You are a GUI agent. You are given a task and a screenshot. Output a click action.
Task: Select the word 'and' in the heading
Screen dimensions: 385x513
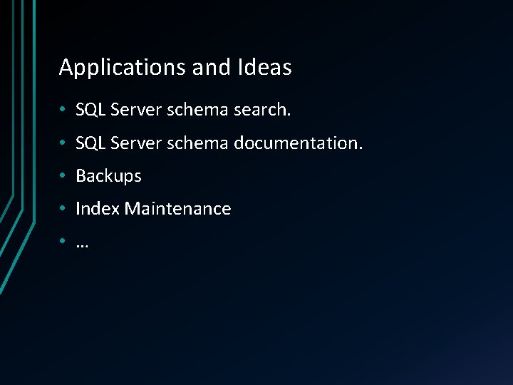tap(212, 68)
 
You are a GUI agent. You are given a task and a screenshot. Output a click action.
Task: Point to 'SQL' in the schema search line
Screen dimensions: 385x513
tap(90, 110)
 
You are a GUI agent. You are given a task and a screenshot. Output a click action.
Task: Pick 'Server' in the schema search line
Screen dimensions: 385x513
tap(136, 110)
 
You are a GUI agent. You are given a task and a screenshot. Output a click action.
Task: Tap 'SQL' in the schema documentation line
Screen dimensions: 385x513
tap(90, 143)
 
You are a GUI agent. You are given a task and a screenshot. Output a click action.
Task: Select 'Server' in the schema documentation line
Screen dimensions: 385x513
tap(136, 143)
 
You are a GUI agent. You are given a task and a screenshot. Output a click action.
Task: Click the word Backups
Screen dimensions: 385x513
tap(108, 176)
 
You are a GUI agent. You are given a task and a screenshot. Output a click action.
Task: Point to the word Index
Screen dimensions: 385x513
tap(98, 209)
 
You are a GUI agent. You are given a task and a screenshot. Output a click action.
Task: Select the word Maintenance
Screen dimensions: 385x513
tap(177, 209)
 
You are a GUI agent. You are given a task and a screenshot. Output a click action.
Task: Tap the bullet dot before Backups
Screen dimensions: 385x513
tap(63, 176)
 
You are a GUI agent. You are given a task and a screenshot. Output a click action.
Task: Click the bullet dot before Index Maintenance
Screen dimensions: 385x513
tap(63, 209)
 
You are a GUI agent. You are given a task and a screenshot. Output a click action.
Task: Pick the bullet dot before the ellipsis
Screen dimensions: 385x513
tap(63, 242)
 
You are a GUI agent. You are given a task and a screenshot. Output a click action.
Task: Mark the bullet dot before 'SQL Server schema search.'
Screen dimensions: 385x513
tap(63, 111)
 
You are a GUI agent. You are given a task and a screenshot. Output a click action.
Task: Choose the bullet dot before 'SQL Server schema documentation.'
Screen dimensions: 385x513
tap(63, 143)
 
